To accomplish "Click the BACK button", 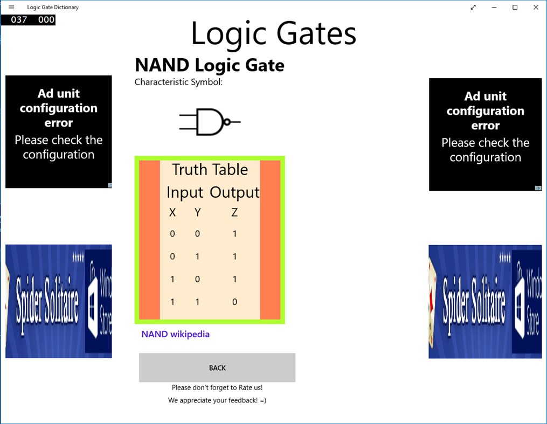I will click(217, 367).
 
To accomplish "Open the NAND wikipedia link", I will click(175, 334).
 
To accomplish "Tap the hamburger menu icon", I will click(11, 7).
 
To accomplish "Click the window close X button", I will click(535, 8).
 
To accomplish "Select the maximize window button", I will click(515, 8).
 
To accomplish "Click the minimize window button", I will click(494, 8).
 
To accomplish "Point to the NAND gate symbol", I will click(210, 122).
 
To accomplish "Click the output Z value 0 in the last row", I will click(234, 302).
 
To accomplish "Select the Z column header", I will click(234, 213).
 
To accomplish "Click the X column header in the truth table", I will click(172, 213).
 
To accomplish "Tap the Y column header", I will click(197, 213).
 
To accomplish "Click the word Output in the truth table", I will click(234, 192).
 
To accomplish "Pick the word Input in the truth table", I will click(185, 192).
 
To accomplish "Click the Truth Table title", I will click(210, 170).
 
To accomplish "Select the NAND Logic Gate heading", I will click(209, 65).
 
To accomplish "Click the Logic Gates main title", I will click(273, 33).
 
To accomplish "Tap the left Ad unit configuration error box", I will click(59, 131).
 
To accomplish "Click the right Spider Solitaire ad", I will click(485, 302).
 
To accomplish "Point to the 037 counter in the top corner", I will click(19, 19).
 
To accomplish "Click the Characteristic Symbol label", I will click(178, 82).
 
